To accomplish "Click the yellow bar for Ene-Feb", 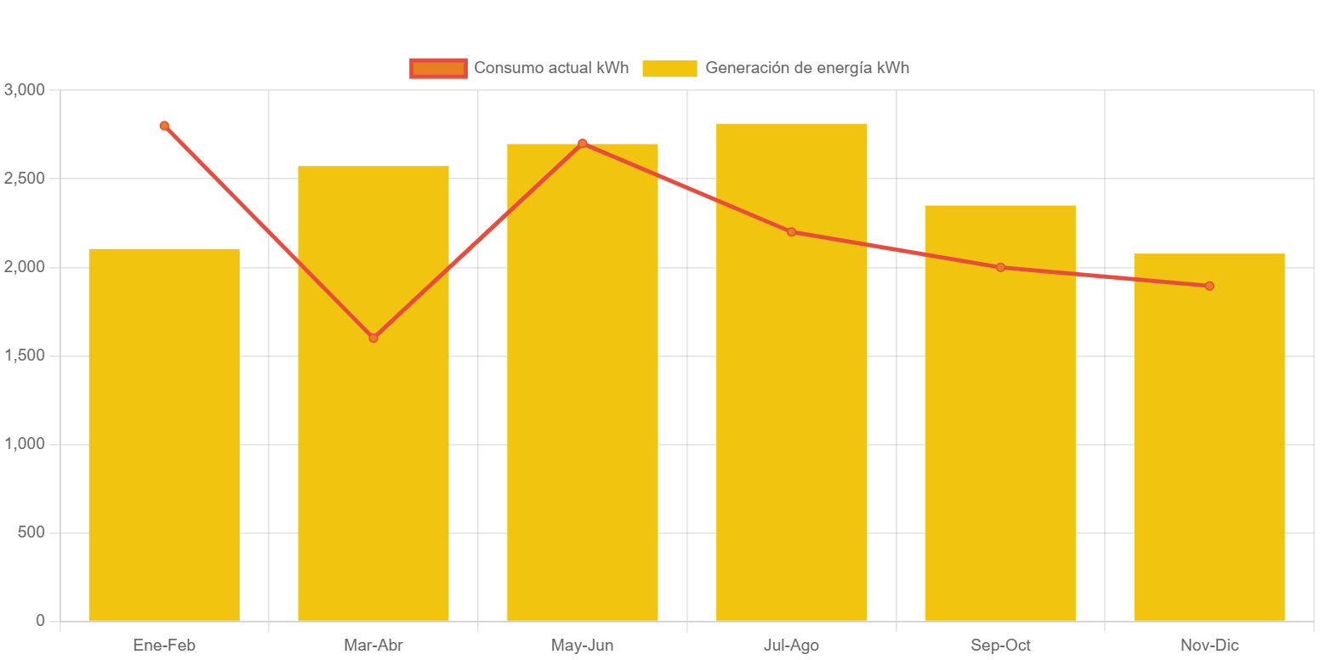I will pyautogui.click(x=164, y=434).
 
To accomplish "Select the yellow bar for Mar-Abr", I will pyautogui.click(x=373, y=476).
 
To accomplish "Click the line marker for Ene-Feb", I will pyautogui.click(x=164, y=126).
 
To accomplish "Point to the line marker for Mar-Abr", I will pyautogui.click(x=373, y=338).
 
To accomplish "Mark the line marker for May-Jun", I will pyautogui.click(x=583, y=144).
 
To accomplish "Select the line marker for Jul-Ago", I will pyautogui.click(x=791, y=231).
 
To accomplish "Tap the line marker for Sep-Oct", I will pyautogui.click(x=1000, y=267).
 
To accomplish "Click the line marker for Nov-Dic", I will pyautogui.click(x=1209, y=286).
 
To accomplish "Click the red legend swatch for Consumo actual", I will pyautogui.click(x=438, y=68).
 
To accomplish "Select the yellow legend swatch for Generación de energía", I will pyautogui.click(x=669, y=68).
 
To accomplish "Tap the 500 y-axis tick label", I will pyautogui.click(x=31, y=532).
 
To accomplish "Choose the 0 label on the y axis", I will pyautogui.click(x=40, y=621).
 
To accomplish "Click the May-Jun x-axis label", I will pyautogui.click(x=583, y=646).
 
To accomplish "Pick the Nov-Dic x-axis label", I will pyautogui.click(x=1209, y=646).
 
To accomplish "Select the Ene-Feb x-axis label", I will pyautogui.click(x=164, y=646).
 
